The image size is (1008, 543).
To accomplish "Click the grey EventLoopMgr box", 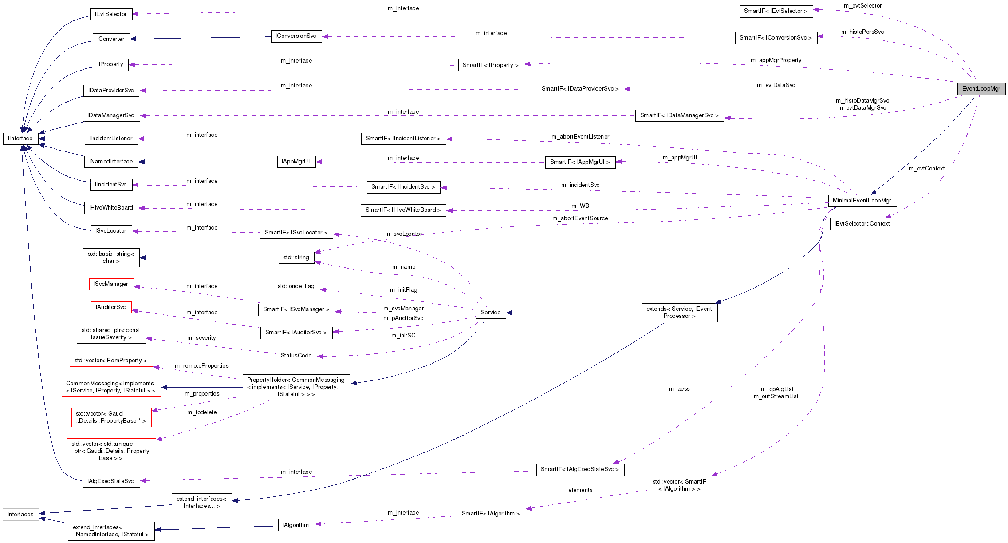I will click(x=981, y=89).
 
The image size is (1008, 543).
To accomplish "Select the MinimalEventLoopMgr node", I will click(x=862, y=201).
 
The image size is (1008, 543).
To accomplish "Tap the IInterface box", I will click(x=20, y=139).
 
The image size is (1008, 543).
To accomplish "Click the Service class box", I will click(x=491, y=313).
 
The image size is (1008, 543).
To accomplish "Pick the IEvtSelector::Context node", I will click(x=862, y=224).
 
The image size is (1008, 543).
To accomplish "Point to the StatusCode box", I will click(x=296, y=356).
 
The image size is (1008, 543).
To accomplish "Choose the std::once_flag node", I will click(x=296, y=286).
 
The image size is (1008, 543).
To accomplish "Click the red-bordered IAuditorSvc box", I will click(x=111, y=307).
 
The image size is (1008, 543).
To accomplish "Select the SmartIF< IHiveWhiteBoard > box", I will click(x=403, y=210).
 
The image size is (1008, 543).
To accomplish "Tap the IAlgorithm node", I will click(x=296, y=525).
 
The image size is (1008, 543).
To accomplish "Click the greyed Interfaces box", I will click(x=20, y=515).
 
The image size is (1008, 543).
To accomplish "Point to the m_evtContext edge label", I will click(x=926, y=169).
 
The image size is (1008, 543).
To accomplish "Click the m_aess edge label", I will click(x=679, y=389).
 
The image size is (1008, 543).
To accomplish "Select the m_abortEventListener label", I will click(x=580, y=137).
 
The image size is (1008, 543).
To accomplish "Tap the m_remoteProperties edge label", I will click(x=202, y=366).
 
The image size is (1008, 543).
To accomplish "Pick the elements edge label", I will click(x=580, y=490).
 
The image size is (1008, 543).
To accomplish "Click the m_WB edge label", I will click(x=580, y=206).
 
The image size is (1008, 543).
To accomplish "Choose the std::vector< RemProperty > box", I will click(x=111, y=361).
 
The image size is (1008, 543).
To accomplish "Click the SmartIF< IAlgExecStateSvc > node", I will click(x=580, y=469).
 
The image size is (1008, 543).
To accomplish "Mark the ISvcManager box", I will click(x=111, y=284).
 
